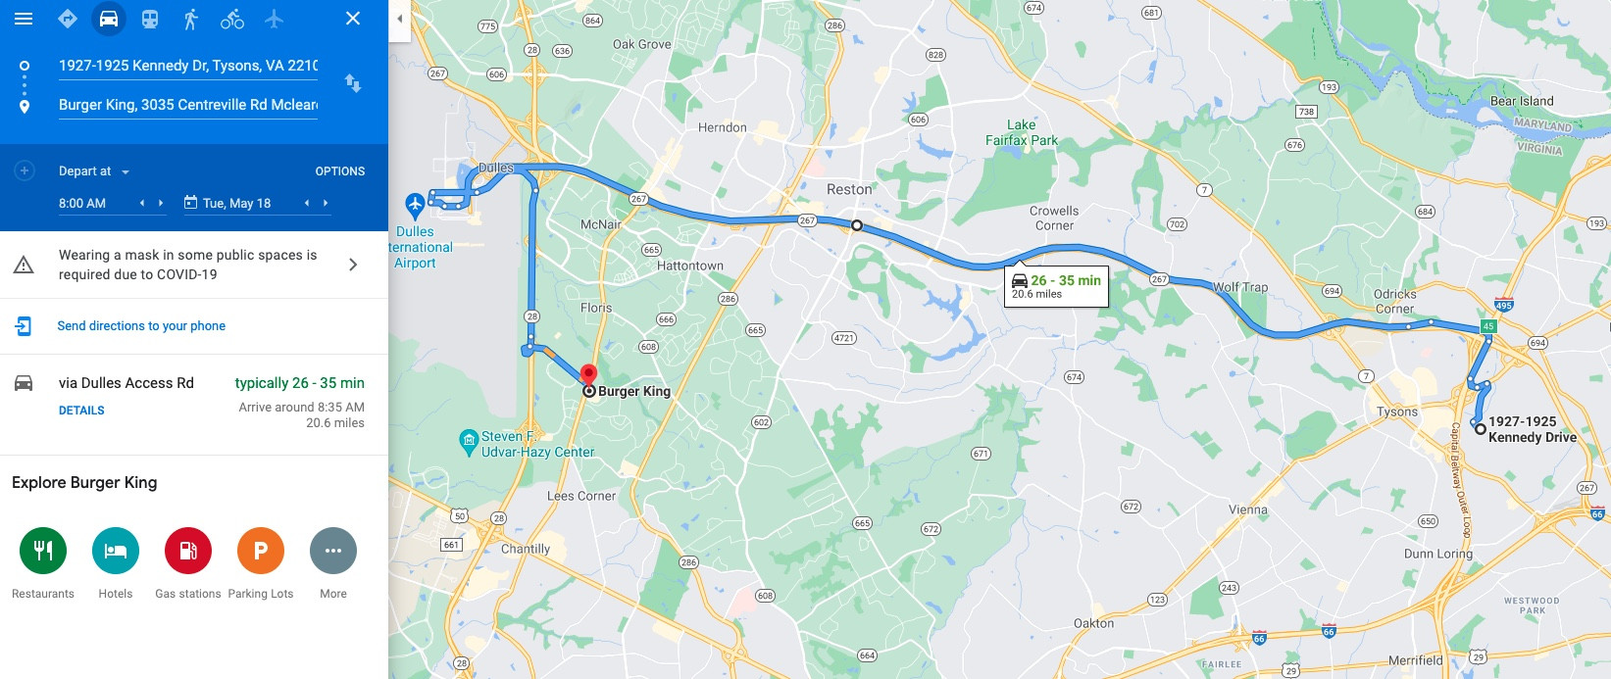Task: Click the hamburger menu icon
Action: pyautogui.click(x=24, y=19)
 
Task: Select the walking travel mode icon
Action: pyautogui.click(x=191, y=19)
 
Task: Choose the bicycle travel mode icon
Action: pyautogui.click(x=232, y=19)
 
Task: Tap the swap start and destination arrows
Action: pyautogui.click(x=353, y=84)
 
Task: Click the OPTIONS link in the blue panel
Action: pyautogui.click(x=339, y=171)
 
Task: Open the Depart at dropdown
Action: pyautogui.click(x=94, y=171)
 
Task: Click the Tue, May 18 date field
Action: pyautogui.click(x=236, y=203)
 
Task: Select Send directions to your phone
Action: pyautogui.click(x=141, y=326)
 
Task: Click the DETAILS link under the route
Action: pyautogui.click(x=81, y=411)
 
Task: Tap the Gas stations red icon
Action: pyautogui.click(x=188, y=551)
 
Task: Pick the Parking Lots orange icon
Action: pyautogui.click(x=261, y=551)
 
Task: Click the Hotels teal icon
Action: pyautogui.click(x=116, y=551)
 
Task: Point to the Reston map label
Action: pyautogui.click(x=849, y=189)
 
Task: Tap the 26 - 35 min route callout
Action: pyautogui.click(x=1056, y=286)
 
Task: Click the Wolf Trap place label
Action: pyautogui.click(x=1240, y=287)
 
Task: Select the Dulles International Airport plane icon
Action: pyautogui.click(x=415, y=205)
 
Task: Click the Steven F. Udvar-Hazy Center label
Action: pyautogui.click(x=537, y=444)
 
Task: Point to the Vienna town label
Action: pyautogui.click(x=1247, y=509)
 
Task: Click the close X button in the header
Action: pyautogui.click(x=353, y=19)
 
